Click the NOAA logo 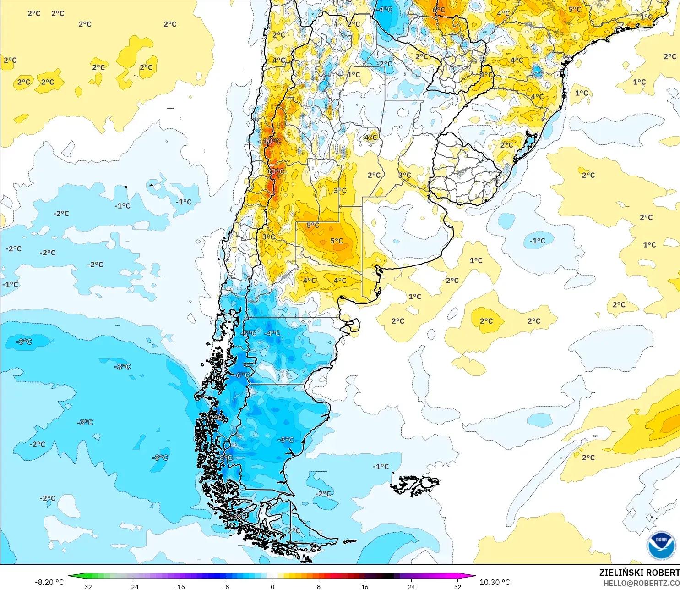661,546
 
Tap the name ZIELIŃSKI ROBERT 639,573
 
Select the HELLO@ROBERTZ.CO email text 641,583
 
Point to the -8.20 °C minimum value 49,582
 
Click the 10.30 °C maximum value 495,582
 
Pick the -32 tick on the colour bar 87,586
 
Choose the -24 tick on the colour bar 133,586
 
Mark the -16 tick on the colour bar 180,586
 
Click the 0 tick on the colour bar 272,586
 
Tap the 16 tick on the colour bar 365,586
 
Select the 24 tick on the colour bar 411,586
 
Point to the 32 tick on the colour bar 457,586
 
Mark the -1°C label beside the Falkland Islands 381,467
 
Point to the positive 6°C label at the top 439,10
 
